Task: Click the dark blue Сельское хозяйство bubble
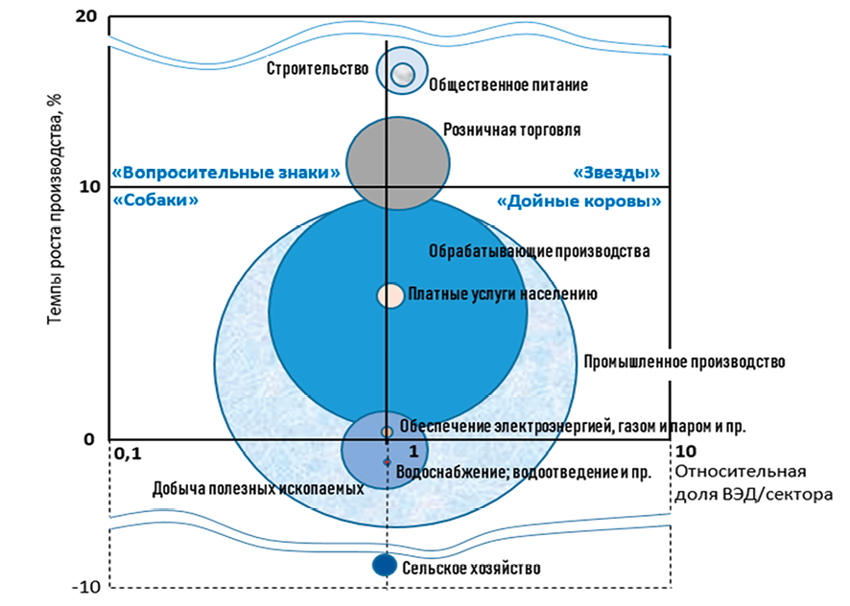(x=385, y=566)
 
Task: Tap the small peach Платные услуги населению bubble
(x=390, y=295)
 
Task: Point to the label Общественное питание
(x=508, y=84)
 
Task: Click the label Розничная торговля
(x=511, y=129)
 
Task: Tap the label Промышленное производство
(x=684, y=361)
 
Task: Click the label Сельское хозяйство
(x=470, y=568)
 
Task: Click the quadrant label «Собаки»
(x=155, y=201)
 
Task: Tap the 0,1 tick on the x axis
(x=127, y=452)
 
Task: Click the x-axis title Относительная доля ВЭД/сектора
(x=754, y=482)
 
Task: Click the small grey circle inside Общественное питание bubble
(x=404, y=73)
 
